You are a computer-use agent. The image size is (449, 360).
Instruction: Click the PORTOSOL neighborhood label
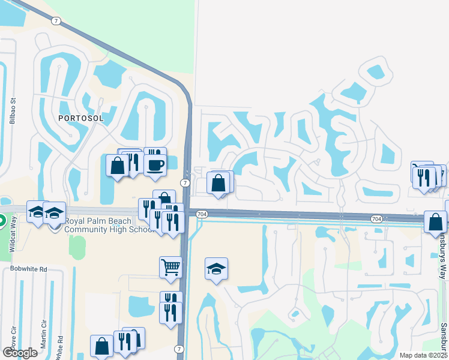point(81,118)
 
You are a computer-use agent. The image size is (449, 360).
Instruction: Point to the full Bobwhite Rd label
point(28,269)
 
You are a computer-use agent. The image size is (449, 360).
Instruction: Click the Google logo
point(20,352)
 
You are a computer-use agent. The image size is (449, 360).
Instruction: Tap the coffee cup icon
point(155,164)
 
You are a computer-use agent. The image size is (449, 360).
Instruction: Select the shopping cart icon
point(170,266)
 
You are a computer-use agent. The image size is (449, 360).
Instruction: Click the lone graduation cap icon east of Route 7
point(216,269)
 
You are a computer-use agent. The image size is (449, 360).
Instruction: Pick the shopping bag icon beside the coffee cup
point(117,165)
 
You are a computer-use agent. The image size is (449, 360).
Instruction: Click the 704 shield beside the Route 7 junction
point(202,214)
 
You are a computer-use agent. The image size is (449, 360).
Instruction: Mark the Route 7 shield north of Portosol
point(56,21)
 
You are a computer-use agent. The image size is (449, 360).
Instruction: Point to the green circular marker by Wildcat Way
point(1,221)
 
